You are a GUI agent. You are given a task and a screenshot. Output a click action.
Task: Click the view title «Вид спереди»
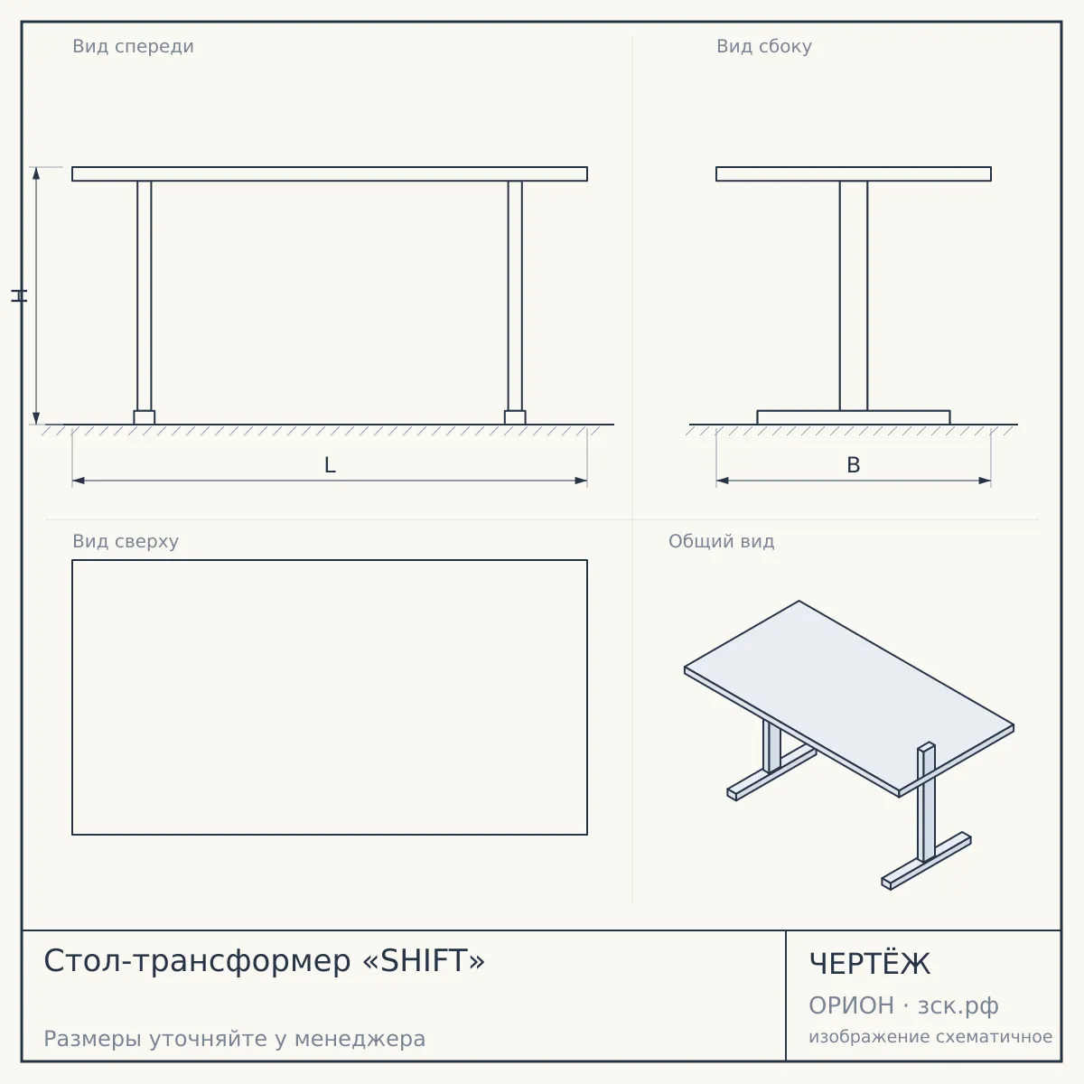133,46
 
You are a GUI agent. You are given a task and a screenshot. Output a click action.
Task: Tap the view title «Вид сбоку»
764,46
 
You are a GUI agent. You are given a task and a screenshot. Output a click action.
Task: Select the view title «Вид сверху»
126,541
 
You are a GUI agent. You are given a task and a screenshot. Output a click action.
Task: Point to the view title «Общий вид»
721,541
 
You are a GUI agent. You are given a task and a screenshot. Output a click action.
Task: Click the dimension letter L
330,465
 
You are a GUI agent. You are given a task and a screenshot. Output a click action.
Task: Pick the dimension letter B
854,465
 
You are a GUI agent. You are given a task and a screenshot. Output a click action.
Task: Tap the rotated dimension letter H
19,296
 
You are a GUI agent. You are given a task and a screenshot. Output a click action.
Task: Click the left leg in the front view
144,296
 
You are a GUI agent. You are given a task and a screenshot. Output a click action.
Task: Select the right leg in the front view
515,296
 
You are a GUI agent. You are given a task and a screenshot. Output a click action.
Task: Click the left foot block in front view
144,417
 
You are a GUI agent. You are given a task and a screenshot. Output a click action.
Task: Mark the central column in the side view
854,296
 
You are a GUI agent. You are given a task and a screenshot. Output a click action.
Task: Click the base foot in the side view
854,417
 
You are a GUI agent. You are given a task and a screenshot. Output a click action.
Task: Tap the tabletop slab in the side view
854,173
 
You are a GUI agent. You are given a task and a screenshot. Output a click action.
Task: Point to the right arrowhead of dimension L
581,481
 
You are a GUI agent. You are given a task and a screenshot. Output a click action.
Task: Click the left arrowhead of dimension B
723,481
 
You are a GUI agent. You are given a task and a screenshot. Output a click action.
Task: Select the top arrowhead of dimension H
36,173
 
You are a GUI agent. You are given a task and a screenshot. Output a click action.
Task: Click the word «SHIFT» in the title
425,961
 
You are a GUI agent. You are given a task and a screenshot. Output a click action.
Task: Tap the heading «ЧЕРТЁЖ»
870,964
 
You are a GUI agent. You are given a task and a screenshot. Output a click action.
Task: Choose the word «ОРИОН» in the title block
851,1005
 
